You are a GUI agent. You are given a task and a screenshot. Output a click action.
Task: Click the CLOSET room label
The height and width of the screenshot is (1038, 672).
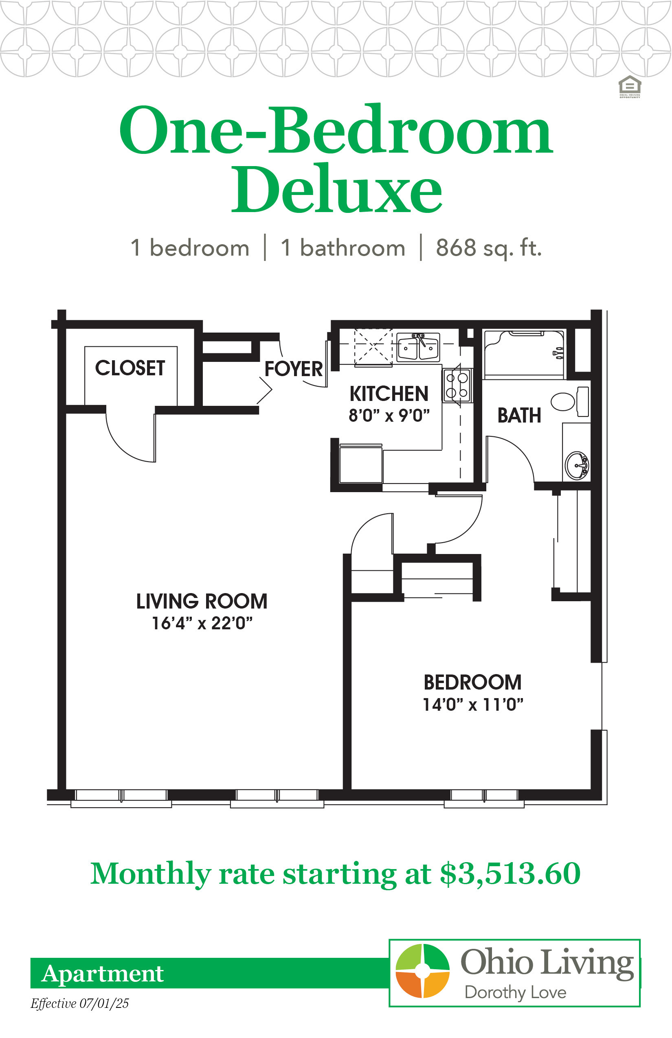coord(130,368)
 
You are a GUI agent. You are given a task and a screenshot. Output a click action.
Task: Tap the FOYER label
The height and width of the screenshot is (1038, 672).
coord(294,369)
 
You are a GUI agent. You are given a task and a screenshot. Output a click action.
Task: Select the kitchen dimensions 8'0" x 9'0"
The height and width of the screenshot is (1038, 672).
coord(389,416)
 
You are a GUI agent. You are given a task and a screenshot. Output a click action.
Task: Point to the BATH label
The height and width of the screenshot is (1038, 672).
coord(519,415)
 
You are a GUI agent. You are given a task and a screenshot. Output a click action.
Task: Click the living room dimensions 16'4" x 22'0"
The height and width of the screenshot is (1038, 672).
coord(202,623)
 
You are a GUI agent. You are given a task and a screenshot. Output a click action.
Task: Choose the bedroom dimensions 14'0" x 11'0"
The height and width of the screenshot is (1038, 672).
coord(473,704)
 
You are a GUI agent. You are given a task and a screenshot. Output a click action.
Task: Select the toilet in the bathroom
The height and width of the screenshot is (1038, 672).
coord(570,401)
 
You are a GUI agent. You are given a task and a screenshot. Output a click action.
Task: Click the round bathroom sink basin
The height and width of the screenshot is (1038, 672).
coord(577,465)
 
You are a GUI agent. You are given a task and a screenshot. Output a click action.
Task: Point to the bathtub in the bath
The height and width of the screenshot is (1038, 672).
coord(524,355)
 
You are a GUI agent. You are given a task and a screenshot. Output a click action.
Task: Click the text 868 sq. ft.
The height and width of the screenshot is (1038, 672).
coord(489,248)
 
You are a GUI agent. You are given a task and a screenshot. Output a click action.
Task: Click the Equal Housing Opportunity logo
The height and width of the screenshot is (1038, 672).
coord(630,87)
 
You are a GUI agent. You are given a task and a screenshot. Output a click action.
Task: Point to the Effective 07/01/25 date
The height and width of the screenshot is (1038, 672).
coord(80,1003)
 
